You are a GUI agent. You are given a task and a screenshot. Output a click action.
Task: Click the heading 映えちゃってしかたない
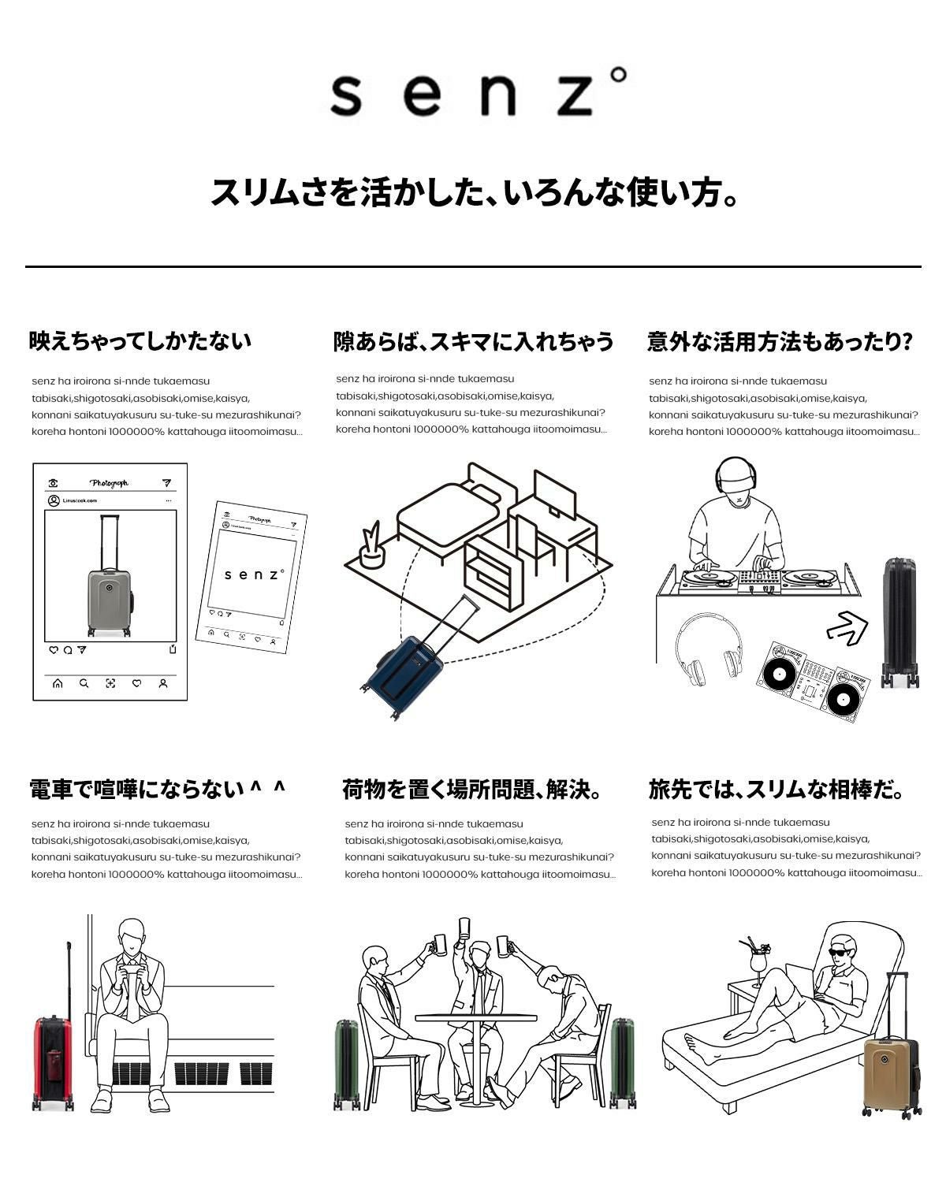[140, 341]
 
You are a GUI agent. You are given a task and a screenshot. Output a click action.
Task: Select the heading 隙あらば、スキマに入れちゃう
[473, 341]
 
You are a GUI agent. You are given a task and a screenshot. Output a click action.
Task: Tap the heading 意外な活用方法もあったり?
[780, 341]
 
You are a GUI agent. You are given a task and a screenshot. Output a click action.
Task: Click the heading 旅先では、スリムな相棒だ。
[777, 789]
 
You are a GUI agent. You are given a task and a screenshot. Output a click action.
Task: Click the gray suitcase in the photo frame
[109, 599]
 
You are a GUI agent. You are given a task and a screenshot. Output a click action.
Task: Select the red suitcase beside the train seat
[53, 1060]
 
